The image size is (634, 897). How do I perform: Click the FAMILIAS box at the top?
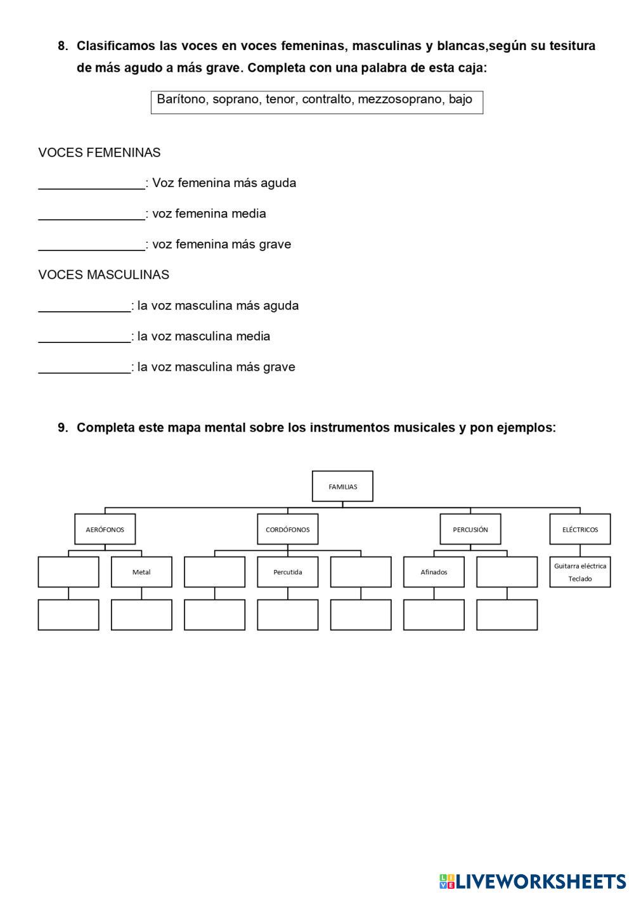click(342, 486)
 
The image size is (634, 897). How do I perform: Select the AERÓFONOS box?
click(105, 529)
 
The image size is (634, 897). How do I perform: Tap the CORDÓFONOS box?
click(288, 529)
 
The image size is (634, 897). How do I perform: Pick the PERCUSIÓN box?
click(470, 529)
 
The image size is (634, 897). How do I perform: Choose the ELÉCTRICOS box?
click(579, 529)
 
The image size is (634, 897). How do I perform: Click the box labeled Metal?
click(141, 572)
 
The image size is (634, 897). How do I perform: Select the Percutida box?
click(288, 572)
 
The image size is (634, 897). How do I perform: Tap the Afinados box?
click(434, 572)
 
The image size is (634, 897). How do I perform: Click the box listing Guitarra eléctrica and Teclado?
click(579, 572)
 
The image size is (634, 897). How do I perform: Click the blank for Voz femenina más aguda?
click(92, 183)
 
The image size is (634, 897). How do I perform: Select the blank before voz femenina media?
click(92, 214)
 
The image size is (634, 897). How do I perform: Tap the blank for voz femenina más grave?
click(92, 245)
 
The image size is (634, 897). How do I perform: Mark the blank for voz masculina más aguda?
click(84, 306)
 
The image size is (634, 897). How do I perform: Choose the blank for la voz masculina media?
click(84, 337)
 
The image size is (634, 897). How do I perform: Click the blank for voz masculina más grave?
click(84, 367)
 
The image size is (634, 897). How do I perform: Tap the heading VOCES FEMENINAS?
click(100, 153)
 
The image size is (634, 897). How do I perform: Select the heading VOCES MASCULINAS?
click(103, 275)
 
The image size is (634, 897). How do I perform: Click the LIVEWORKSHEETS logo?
click(533, 881)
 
